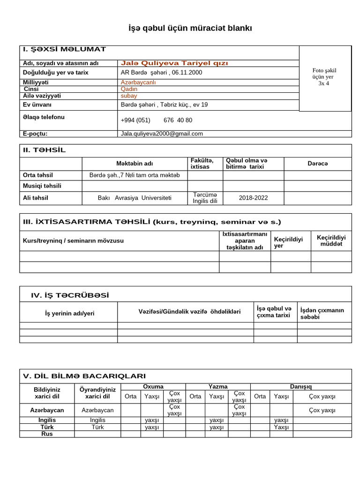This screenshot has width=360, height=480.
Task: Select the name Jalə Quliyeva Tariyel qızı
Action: [174, 63]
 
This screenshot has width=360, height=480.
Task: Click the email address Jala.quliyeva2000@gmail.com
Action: [162, 134]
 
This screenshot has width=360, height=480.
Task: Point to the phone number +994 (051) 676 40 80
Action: [156, 120]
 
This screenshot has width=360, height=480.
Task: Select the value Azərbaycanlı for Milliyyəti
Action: [138, 82]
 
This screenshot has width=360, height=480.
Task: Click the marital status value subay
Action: [129, 96]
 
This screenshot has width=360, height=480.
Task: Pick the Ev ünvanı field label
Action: [37, 105]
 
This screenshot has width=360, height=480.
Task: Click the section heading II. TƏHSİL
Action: [45, 150]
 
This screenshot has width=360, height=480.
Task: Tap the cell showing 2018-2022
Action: [253, 198]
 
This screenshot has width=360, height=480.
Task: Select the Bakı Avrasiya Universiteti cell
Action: [135, 198]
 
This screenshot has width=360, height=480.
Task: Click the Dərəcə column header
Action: [317, 164]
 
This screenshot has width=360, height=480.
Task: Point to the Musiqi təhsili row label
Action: [42, 186]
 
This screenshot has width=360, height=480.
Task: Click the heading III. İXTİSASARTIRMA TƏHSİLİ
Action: [152, 222]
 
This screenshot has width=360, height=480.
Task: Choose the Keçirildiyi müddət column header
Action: [331, 241]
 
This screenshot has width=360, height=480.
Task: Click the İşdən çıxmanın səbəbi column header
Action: [322, 314]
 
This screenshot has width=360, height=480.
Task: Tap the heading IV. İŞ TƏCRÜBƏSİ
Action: [70, 295]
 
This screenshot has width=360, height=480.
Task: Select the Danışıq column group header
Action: [301, 386]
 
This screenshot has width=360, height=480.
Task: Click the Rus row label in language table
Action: [47, 434]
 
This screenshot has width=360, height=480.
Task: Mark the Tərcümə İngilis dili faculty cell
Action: [205, 198]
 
